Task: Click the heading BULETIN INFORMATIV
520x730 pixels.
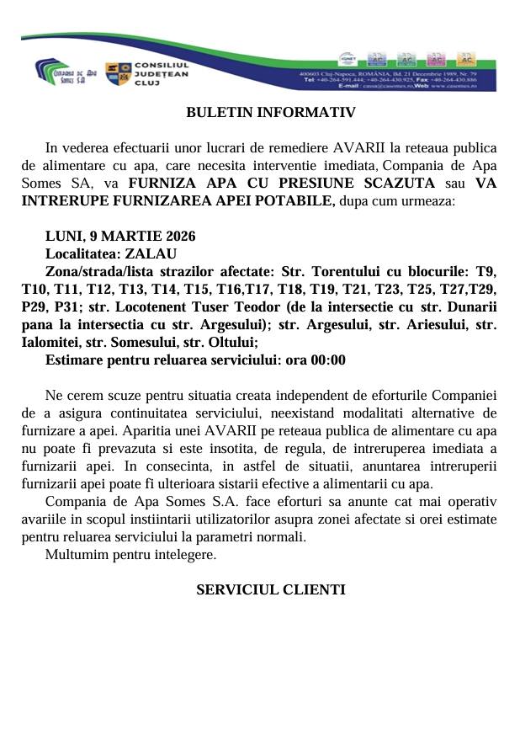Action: [259, 112]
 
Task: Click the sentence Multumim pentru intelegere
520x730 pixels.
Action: [130, 555]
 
